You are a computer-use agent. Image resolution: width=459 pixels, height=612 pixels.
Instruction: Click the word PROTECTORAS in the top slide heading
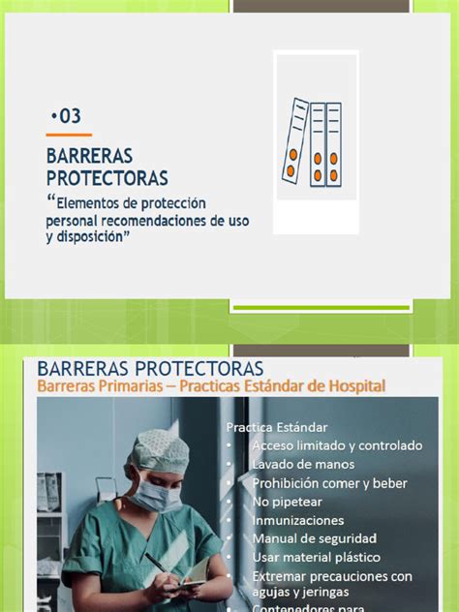107,178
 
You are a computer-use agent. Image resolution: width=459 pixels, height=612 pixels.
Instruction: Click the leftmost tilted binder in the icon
294,142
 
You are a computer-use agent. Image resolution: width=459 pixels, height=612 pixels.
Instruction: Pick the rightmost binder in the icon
333,142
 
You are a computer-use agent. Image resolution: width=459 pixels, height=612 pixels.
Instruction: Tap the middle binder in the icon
317,142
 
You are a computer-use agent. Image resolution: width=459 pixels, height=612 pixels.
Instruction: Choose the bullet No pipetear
287,502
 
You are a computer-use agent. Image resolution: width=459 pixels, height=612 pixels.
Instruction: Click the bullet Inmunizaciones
297,520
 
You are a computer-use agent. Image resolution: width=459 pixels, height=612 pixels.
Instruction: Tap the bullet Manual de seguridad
314,538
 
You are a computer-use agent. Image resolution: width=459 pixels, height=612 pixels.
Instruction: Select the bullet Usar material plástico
316,557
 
